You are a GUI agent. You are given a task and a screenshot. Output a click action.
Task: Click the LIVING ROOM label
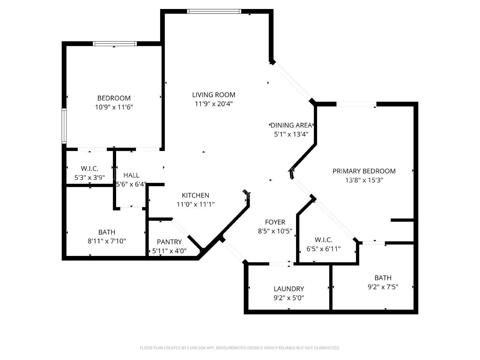click(214, 94)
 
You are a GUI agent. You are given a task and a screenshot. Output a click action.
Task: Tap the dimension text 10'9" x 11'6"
click(114, 107)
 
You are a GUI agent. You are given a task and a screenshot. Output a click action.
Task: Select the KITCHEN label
click(196, 195)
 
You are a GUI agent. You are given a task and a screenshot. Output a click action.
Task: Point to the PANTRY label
click(169, 242)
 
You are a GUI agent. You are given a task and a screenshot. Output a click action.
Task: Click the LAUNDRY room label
click(289, 289)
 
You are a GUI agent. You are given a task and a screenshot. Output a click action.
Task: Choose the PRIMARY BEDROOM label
click(364, 171)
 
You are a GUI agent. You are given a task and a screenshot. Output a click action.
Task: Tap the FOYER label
click(275, 222)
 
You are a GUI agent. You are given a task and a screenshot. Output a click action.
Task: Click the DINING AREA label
click(291, 125)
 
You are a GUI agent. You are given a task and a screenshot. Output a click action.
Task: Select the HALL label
click(131, 175)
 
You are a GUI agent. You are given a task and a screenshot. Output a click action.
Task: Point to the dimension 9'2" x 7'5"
click(383, 287)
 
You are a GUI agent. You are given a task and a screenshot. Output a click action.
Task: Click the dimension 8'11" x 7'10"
click(107, 241)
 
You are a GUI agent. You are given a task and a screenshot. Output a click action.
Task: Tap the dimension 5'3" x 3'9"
click(90, 178)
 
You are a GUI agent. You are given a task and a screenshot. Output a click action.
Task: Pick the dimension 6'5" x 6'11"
click(324, 249)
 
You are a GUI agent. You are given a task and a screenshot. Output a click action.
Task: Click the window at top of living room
click(214, 11)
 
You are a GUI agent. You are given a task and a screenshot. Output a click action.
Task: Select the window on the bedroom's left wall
click(64, 126)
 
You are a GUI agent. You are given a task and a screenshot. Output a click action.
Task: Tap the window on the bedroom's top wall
click(115, 43)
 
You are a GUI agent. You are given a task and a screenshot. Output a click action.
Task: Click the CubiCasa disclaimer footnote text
click(240, 348)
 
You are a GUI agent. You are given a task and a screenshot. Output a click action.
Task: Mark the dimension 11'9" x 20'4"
click(214, 103)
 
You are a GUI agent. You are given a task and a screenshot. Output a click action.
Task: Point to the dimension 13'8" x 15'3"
click(364, 180)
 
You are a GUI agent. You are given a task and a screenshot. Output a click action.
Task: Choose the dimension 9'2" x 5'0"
click(289, 298)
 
